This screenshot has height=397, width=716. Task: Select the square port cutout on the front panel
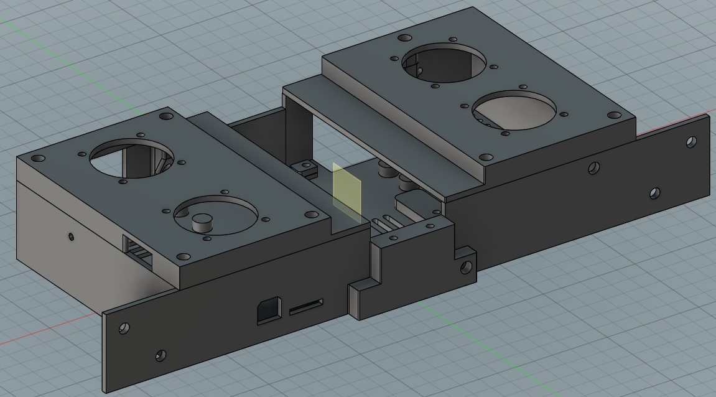tap(269, 309)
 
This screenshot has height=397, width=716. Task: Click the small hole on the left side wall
tap(71, 236)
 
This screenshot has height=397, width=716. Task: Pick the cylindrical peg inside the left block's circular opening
tap(202, 222)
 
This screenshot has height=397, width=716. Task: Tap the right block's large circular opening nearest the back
tap(444, 62)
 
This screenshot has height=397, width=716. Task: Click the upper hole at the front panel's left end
tap(124, 327)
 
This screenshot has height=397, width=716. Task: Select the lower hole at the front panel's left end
tap(160, 355)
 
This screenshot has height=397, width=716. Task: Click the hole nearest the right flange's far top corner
tap(690, 142)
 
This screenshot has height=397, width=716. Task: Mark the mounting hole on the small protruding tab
tap(465, 268)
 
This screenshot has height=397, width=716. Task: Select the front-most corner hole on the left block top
tap(183, 256)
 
